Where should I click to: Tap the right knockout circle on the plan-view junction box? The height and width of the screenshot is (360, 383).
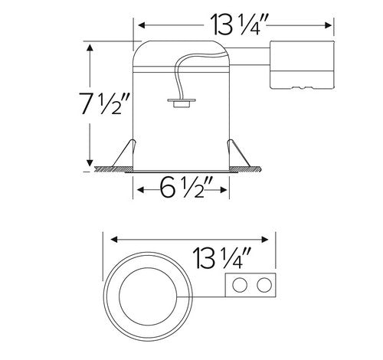264,287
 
